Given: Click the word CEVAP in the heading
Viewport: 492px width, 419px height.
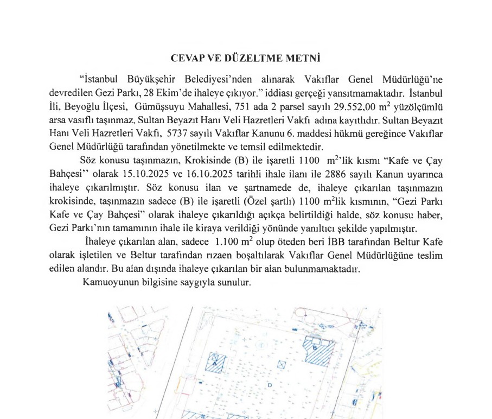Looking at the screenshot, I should tap(188, 57).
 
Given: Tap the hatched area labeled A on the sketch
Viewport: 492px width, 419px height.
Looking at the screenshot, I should tap(219, 362).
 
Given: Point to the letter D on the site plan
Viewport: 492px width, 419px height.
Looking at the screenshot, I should tap(270, 385).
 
